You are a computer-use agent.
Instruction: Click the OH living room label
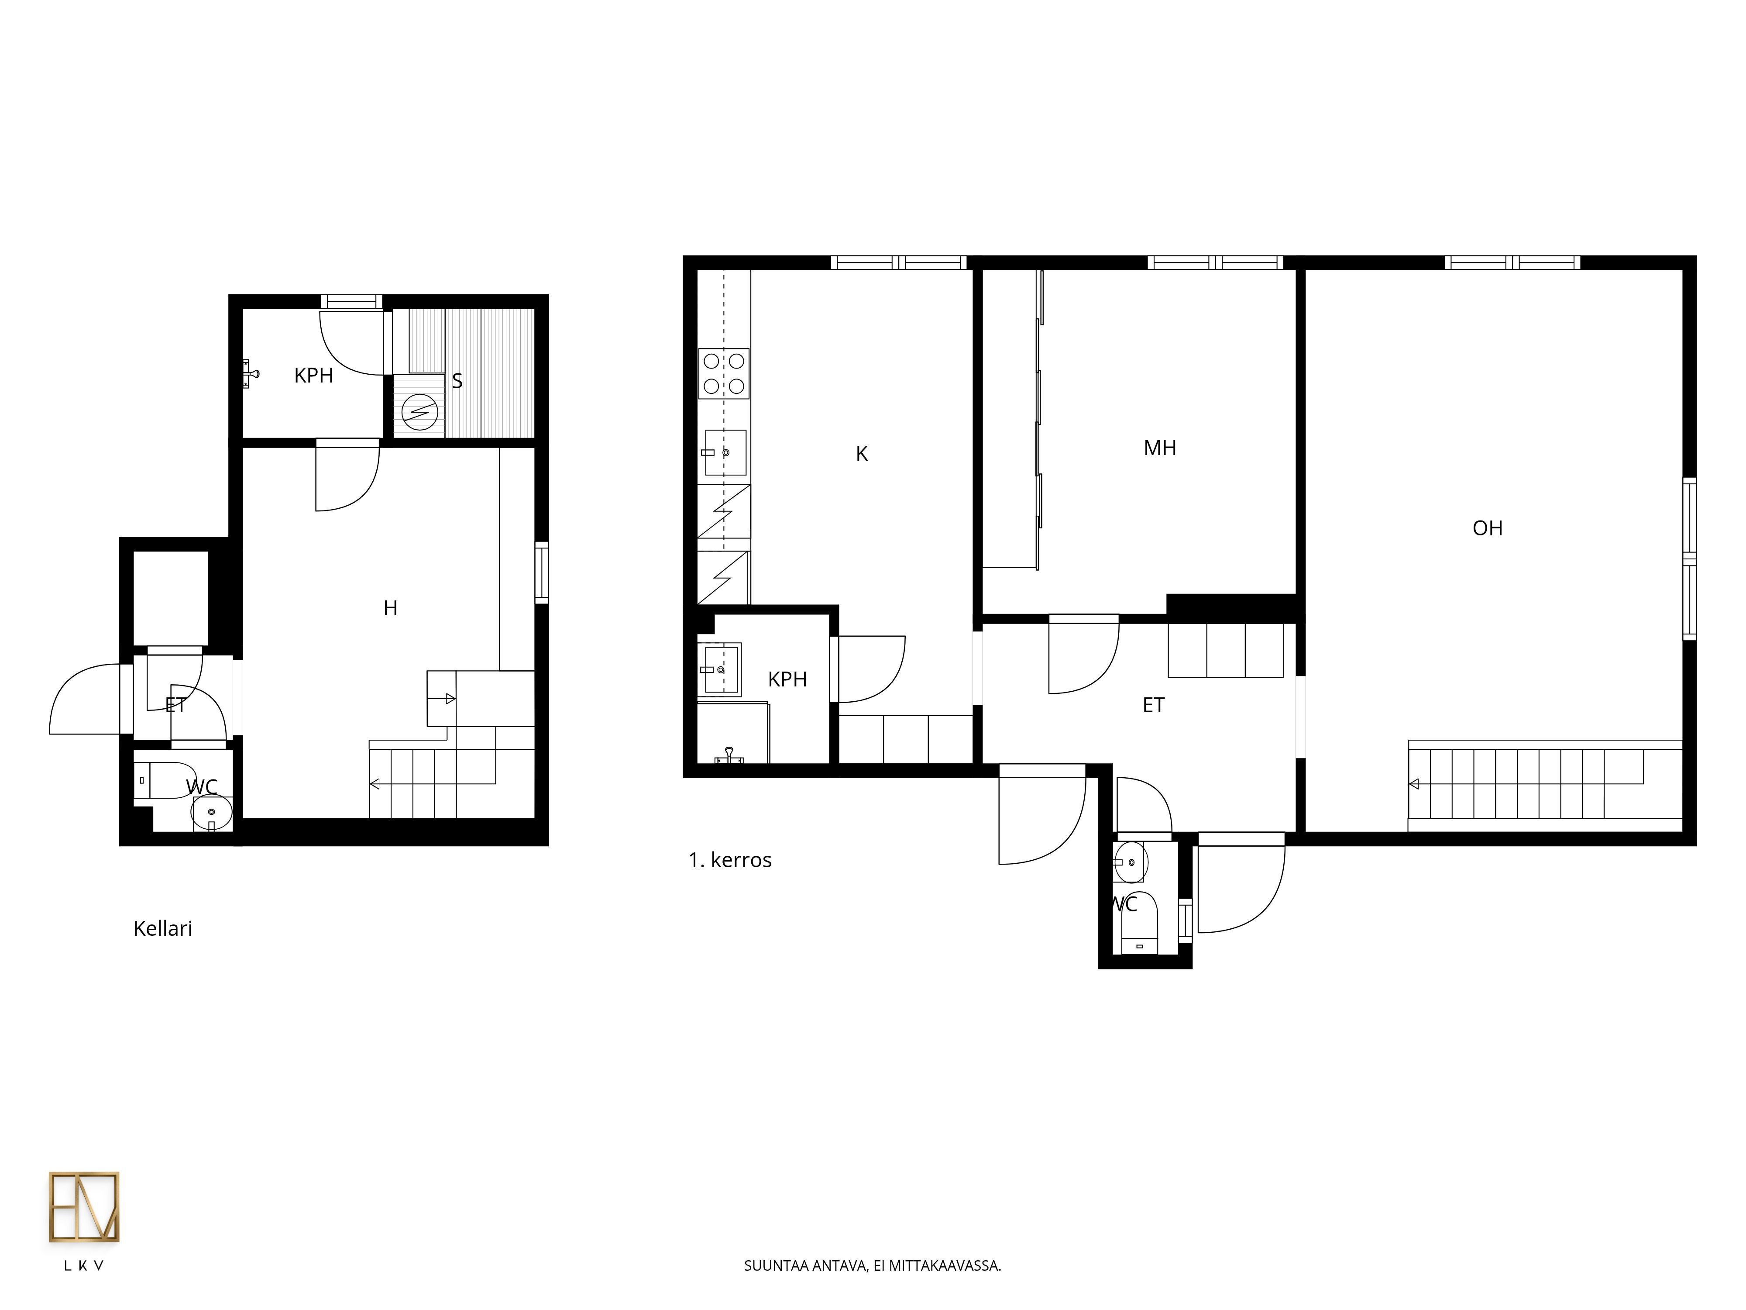1487,528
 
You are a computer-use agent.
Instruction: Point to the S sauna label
457,381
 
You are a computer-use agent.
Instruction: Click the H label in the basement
390,608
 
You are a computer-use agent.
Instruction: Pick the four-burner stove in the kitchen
724,373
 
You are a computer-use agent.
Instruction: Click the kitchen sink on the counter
725,452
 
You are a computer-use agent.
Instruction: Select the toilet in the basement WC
164,780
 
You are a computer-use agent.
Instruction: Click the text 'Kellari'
163,929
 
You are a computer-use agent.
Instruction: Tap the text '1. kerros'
730,860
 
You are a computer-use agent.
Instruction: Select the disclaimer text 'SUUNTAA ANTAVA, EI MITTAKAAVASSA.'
872,1266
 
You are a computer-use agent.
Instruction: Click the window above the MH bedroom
1215,262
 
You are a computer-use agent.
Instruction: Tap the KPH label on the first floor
787,679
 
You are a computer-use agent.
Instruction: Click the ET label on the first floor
1153,705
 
